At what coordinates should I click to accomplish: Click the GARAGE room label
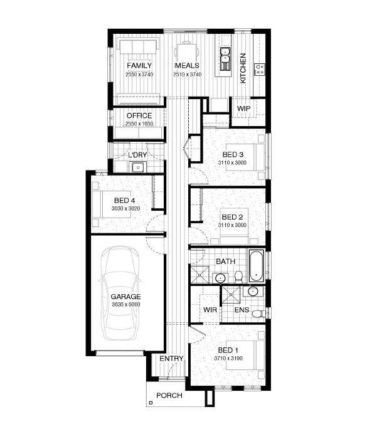click(125, 297)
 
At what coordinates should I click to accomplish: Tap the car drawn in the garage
click(120, 294)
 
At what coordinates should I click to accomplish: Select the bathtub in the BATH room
click(257, 266)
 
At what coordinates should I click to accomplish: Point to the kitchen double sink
click(225, 55)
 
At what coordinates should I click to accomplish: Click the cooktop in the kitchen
click(259, 69)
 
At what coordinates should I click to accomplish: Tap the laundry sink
click(137, 167)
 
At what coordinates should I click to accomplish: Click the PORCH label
click(169, 396)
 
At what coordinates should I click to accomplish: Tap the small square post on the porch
click(151, 403)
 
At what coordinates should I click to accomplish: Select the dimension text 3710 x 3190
click(228, 358)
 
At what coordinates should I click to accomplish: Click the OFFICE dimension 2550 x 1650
click(139, 124)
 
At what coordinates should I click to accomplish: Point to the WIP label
click(243, 109)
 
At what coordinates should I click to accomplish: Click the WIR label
click(210, 310)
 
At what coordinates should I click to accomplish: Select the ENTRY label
click(171, 359)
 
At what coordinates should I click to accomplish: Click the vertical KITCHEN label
click(243, 68)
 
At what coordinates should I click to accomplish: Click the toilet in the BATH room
click(238, 277)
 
